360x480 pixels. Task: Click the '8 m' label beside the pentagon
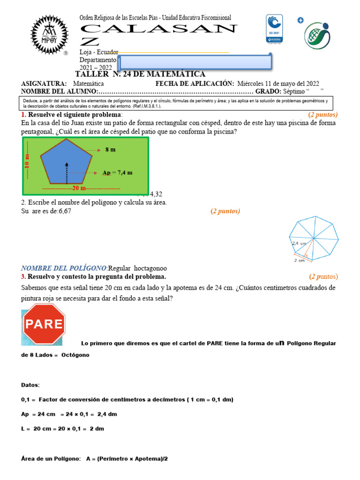[111, 150]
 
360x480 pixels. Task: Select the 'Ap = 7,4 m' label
[117, 172]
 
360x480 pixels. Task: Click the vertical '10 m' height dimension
[27, 165]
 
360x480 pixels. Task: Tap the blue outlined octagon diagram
[313, 237]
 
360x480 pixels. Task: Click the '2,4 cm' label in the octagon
[299, 244]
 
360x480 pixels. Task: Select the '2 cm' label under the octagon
[299, 260]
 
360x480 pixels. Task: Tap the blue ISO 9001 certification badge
[274, 29]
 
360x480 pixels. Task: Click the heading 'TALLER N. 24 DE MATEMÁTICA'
[140, 74]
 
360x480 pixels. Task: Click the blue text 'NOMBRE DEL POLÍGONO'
[64, 268]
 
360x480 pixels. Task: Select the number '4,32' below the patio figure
[156, 194]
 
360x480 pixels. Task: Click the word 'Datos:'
[30, 385]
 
